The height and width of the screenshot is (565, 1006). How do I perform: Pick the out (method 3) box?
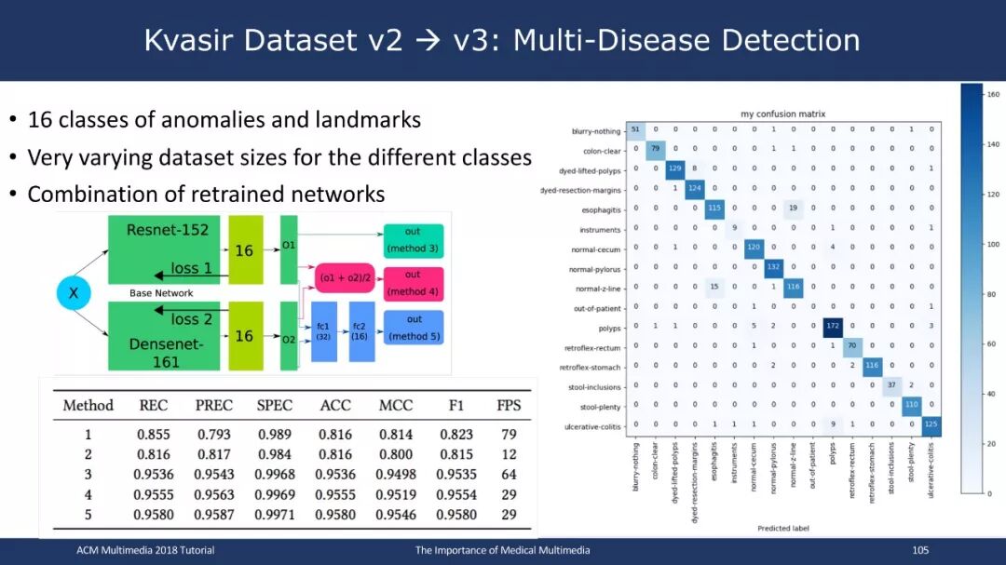[x=413, y=240]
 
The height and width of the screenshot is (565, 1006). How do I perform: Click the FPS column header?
[x=509, y=405]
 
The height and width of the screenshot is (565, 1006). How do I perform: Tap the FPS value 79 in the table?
[x=509, y=434]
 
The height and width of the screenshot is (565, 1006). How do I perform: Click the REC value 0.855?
[x=154, y=434]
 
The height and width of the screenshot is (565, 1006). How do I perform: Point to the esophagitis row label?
[x=598, y=209]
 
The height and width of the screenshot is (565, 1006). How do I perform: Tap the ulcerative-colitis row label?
[x=592, y=425]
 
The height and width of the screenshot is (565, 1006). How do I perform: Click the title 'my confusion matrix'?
[x=783, y=114]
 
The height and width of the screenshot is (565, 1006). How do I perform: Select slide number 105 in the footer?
[x=921, y=550]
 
